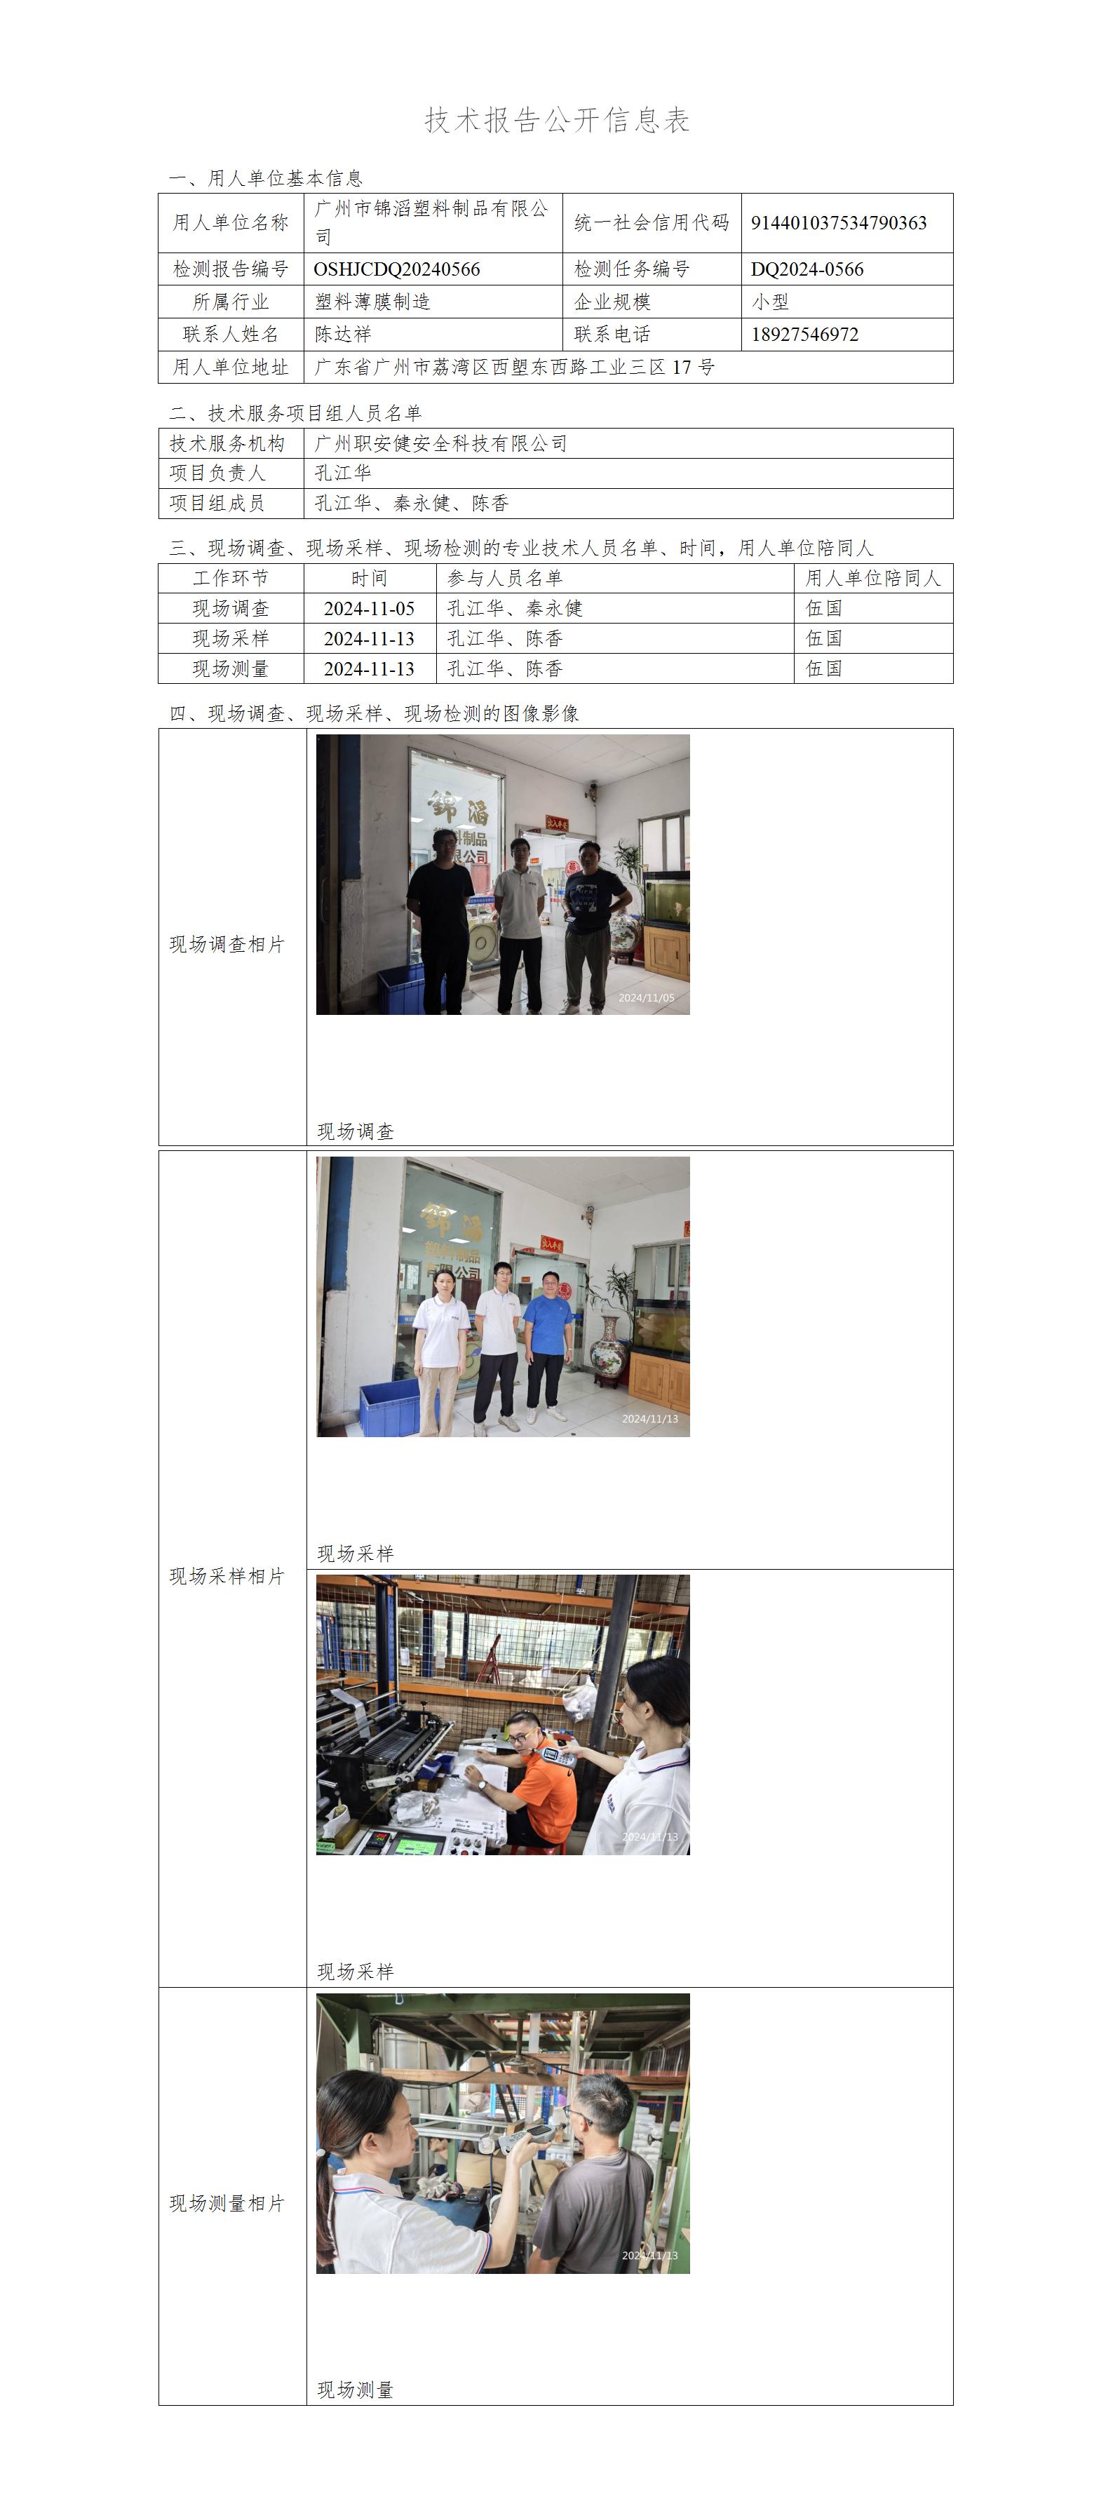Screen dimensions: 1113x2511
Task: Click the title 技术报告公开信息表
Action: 557,120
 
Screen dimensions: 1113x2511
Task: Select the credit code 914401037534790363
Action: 838,223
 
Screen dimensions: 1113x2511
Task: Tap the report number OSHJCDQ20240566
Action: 397,269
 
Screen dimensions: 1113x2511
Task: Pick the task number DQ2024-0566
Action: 807,269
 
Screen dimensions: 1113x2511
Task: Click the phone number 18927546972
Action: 805,335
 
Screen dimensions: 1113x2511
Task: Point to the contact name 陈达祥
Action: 343,335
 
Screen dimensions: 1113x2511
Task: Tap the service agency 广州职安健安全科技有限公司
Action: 440,443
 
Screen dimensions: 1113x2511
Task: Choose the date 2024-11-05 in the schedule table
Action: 370,608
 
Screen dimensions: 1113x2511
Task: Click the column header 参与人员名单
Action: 505,578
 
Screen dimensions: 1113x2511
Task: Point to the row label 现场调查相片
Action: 227,945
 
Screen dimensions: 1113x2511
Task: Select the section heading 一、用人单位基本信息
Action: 266,178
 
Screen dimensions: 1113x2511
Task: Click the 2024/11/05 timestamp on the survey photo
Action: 646,998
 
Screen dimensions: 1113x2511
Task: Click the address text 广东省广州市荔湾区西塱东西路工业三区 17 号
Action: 515,368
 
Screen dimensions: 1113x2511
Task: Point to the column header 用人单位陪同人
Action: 873,578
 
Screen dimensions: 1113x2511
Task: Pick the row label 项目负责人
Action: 217,473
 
